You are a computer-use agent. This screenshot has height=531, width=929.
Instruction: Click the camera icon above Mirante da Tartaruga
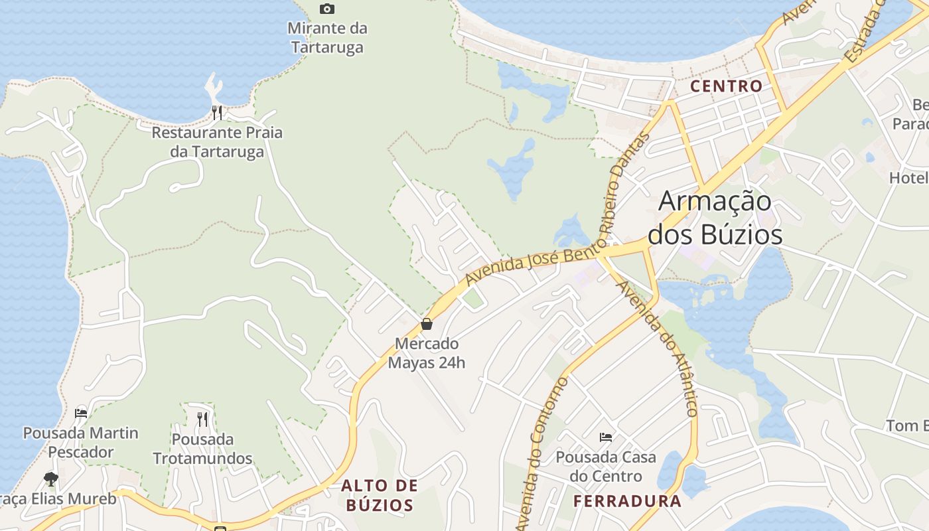tap(327, 9)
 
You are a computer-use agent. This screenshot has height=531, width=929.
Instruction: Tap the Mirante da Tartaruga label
tap(327, 38)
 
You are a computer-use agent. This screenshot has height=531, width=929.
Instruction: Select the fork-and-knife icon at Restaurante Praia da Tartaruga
tap(217, 112)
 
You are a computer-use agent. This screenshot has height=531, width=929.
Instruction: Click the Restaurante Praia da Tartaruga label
tap(217, 142)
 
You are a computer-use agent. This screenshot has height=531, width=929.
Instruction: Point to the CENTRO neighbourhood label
tap(727, 86)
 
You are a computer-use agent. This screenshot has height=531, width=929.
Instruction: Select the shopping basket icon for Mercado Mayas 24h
tap(427, 325)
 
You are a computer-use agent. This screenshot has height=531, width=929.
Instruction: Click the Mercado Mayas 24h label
tap(427, 353)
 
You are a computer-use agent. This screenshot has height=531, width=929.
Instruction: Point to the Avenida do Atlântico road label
tap(658, 348)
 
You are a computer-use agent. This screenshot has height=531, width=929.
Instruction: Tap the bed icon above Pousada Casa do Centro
tap(606, 437)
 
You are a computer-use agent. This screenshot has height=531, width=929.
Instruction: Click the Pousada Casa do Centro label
tap(606, 467)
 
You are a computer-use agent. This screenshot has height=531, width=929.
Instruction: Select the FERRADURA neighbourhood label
tap(627, 500)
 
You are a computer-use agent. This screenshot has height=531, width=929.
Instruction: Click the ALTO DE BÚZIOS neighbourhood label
tap(379, 495)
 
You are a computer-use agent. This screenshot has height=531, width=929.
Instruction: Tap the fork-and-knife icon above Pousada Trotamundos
tap(202, 419)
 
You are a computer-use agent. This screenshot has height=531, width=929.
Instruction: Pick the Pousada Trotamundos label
tap(202, 449)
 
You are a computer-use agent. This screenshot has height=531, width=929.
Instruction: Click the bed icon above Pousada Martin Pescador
tap(81, 413)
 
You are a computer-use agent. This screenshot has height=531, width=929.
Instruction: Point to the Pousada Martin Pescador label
tap(81, 443)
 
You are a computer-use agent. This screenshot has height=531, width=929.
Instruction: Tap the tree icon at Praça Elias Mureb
tap(50, 479)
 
